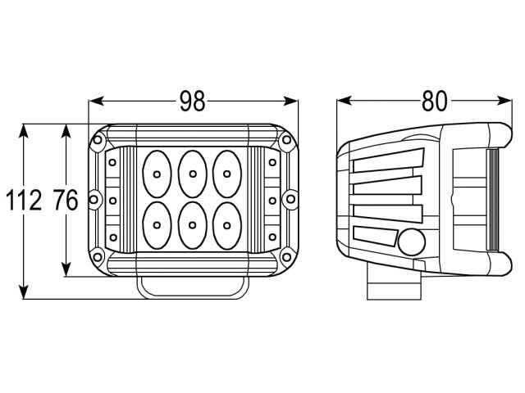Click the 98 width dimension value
pyautogui.click(x=192, y=101)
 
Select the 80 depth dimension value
pyautogui.click(x=434, y=101)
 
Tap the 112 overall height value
pyautogui.click(x=24, y=200)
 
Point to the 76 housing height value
pyautogui.click(x=66, y=200)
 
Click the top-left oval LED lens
pyautogui.click(x=157, y=174)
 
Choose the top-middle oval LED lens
pyautogui.click(x=192, y=174)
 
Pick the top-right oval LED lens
pyautogui.click(x=227, y=174)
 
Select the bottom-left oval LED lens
pyautogui.click(x=157, y=225)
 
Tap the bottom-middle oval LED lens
pyautogui.click(x=192, y=225)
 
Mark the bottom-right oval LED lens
pyautogui.click(x=227, y=225)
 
